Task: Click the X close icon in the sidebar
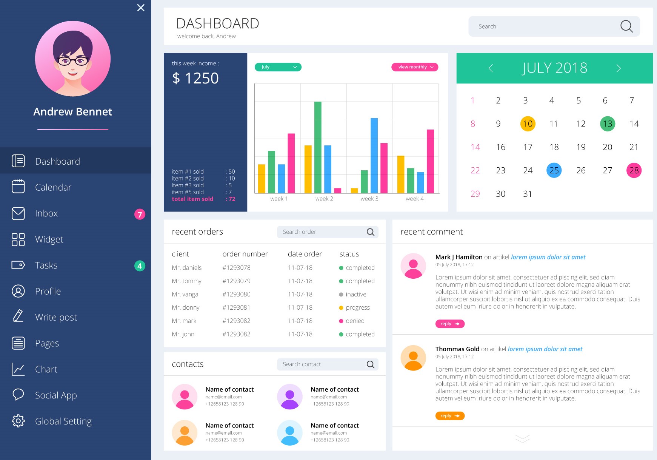(x=141, y=8)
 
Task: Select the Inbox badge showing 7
(x=140, y=214)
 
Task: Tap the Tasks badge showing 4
(x=140, y=266)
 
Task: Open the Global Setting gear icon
(x=18, y=421)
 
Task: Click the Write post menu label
(x=56, y=317)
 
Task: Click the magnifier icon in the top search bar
(x=626, y=26)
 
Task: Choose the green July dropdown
(x=278, y=67)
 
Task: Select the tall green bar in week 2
(x=318, y=147)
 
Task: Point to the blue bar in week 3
(x=374, y=155)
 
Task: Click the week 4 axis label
(x=414, y=199)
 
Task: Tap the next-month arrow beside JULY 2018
(x=619, y=68)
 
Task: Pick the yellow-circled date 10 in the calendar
(x=528, y=124)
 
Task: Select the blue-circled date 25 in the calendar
(x=554, y=170)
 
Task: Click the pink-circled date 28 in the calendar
(x=634, y=170)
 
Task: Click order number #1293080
(x=236, y=294)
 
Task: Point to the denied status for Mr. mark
(x=355, y=321)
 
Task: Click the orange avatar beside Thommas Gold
(x=413, y=358)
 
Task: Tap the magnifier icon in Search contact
(x=371, y=364)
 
